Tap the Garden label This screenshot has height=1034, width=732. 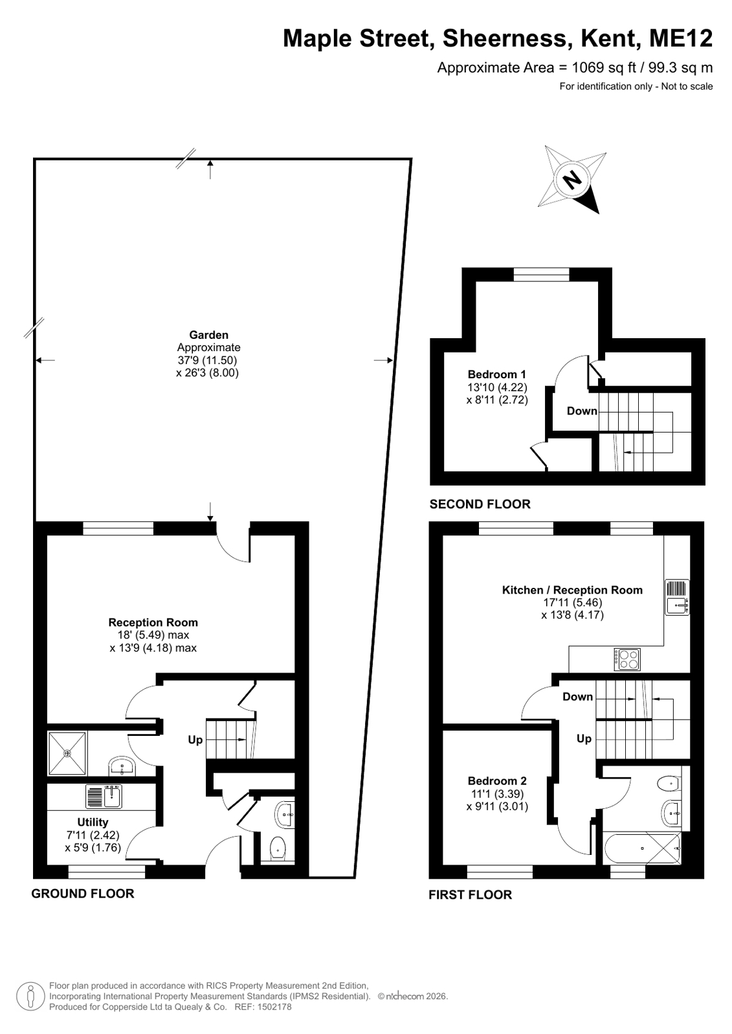click(208, 335)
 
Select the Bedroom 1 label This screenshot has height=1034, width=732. click(497, 374)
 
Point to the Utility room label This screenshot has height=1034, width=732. click(93, 822)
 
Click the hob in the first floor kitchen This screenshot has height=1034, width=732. click(627, 659)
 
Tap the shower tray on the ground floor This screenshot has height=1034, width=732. click(67, 753)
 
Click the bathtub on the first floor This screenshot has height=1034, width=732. click(642, 848)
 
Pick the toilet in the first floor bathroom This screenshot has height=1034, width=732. click(669, 783)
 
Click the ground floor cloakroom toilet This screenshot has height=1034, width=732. click(278, 846)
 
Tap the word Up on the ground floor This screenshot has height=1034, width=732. click(195, 740)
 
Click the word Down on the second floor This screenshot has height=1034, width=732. click(582, 411)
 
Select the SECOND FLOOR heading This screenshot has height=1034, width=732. click(480, 504)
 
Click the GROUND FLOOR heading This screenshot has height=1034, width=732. click(83, 893)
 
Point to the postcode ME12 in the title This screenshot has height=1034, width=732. click(681, 38)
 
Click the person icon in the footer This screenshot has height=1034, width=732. click(30, 996)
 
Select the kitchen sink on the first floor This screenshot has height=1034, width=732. click(676, 597)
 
